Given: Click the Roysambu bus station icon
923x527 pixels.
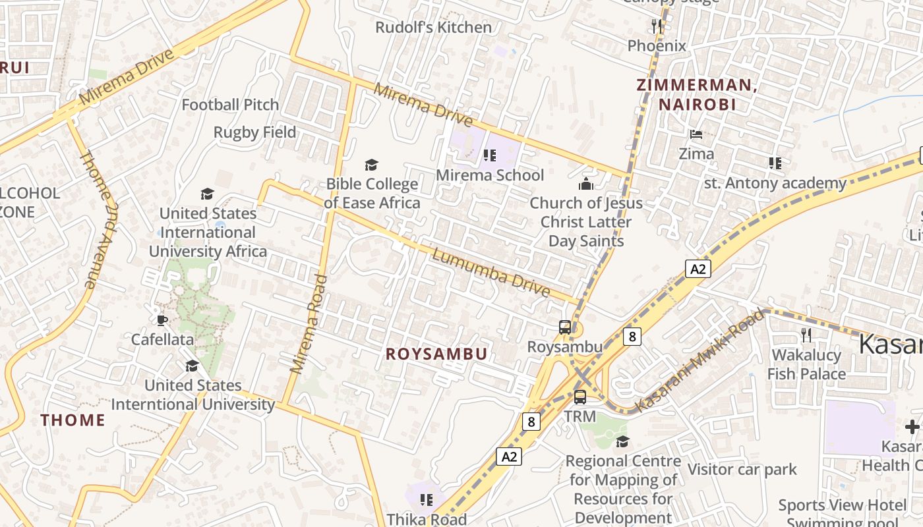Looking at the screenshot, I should (565, 327).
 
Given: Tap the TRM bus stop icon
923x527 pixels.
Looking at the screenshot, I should (580, 397).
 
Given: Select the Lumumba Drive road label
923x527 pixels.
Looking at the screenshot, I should (491, 272).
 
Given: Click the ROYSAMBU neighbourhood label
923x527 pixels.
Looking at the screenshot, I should (436, 354).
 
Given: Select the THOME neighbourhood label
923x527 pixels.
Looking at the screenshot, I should (73, 420).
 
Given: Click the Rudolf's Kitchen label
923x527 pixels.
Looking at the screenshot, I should (433, 27).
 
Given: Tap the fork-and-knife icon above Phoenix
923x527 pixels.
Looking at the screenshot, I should (656, 26).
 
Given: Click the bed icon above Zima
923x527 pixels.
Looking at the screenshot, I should (696, 134).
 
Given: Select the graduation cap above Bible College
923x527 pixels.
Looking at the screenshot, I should (372, 165).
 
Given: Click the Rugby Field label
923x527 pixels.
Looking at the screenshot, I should (254, 132).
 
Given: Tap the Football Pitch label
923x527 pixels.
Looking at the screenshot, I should (230, 105).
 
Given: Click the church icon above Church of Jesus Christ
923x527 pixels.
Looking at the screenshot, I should (585, 184).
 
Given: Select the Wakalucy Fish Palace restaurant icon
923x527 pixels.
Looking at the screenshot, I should (806, 335).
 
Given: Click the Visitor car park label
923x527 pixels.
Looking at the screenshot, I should (742, 470).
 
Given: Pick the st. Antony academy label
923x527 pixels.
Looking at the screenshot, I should (775, 183).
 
